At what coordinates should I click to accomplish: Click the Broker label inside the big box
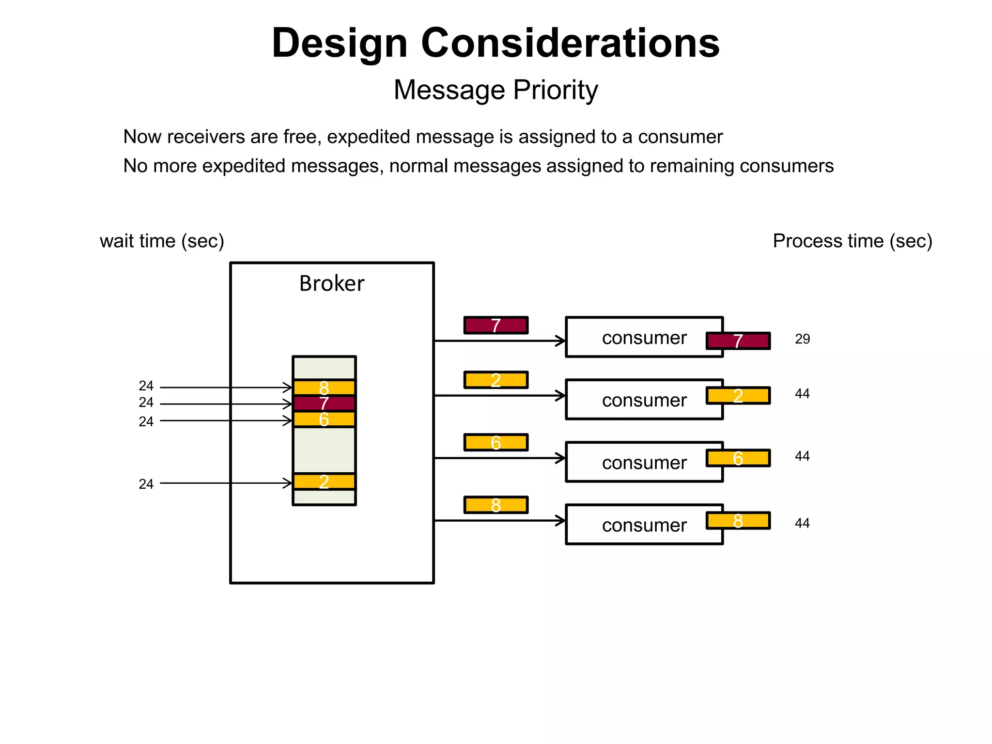click(x=331, y=283)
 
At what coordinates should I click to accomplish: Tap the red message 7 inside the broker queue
click(x=324, y=403)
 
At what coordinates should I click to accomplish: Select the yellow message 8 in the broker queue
click(x=324, y=387)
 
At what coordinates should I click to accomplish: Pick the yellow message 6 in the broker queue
click(x=324, y=419)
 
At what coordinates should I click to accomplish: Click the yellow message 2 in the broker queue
click(x=324, y=482)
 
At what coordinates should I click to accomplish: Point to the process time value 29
click(x=802, y=339)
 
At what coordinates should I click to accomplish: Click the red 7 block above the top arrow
click(x=496, y=325)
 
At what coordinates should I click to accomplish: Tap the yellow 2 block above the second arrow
click(x=496, y=380)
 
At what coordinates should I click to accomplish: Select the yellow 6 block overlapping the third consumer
click(x=738, y=458)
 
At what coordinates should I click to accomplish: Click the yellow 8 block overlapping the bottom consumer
click(x=738, y=521)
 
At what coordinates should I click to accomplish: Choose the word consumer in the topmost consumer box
click(x=644, y=338)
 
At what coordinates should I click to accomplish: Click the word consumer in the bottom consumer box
click(x=644, y=526)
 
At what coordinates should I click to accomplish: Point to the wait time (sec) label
click(x=162, y=241)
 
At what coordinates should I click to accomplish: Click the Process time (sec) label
click(x=852, y=241)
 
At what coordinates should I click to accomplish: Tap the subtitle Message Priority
click(x=496, y=90)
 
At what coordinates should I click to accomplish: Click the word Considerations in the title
click(x=570, y=44)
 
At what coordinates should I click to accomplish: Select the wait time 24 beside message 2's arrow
click(x=146, y=484)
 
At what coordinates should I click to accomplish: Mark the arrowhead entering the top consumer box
click(x=561, y=341)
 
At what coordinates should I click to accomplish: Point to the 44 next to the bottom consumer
click(x=802, y=523)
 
